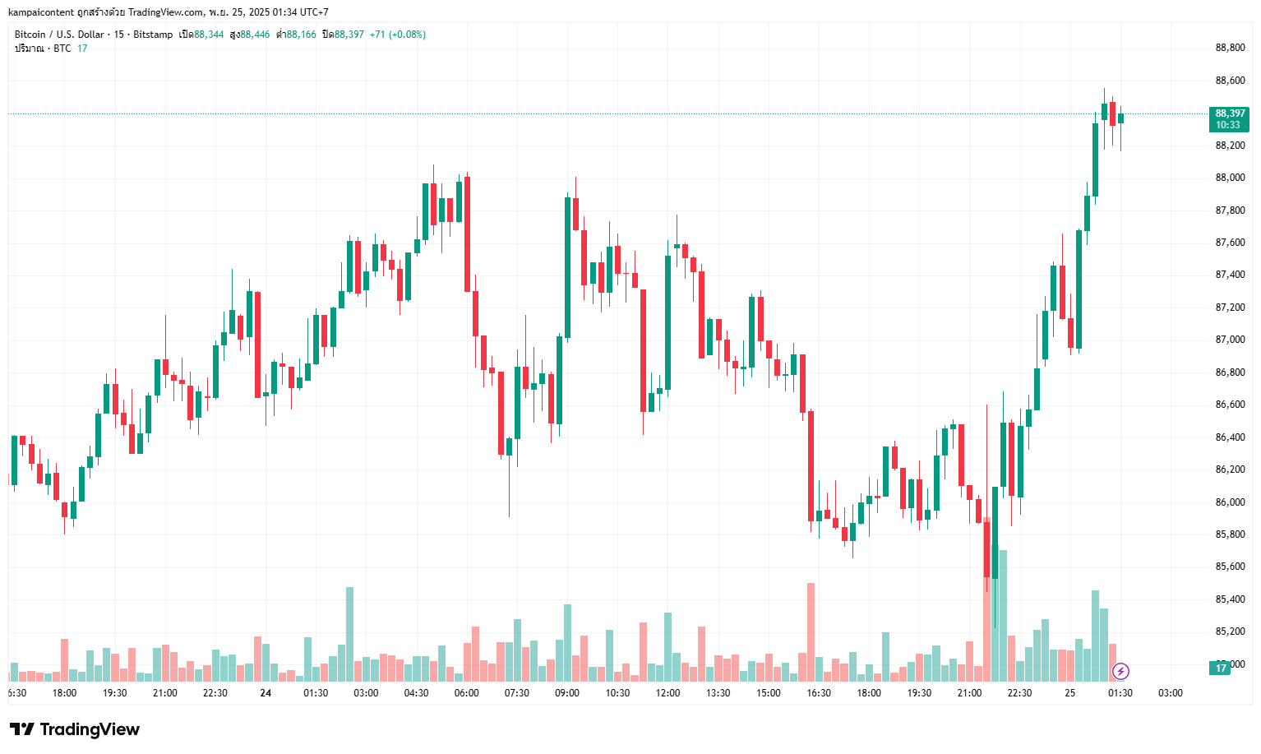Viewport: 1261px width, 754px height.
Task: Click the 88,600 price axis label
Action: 1230,81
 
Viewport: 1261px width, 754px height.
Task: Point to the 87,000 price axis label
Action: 1230,340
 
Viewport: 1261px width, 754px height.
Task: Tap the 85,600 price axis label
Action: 1230,567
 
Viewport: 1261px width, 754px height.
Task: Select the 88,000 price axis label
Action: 1230,178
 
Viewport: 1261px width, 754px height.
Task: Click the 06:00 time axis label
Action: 466,693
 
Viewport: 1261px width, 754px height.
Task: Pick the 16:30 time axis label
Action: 819,693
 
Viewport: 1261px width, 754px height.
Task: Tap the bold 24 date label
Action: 266,693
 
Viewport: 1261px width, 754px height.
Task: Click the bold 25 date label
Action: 1069,693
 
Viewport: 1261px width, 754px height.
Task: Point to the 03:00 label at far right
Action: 1171,693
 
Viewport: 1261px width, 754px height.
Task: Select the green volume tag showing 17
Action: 1221,668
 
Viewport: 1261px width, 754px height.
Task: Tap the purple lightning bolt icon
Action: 1120,672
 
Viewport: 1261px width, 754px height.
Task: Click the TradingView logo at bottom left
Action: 75,729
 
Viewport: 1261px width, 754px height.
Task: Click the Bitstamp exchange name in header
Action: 153,35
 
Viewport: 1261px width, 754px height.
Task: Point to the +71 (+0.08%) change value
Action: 398,35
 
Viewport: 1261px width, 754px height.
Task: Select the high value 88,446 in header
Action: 255,35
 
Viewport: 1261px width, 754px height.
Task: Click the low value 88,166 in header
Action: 301,35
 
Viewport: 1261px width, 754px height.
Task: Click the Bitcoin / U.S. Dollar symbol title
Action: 59,35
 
